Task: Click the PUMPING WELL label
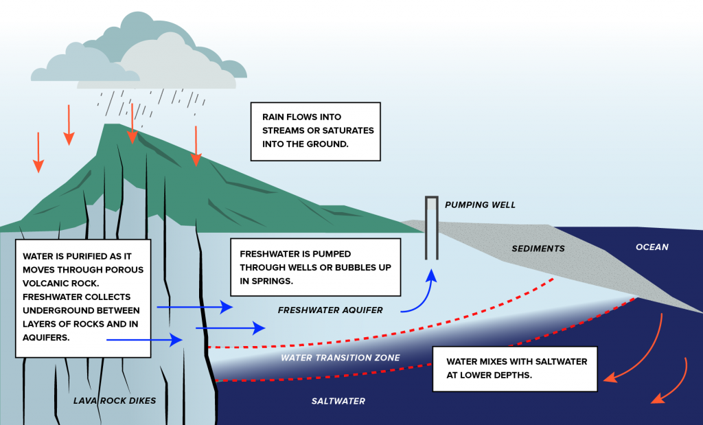tap(480, 205)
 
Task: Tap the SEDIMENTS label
tap(538, 249)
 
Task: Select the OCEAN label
tap(652, 247)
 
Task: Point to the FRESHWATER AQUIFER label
tap(330, 310)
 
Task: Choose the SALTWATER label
tap(338, 401)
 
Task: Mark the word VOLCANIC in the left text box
tap(51, 283)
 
